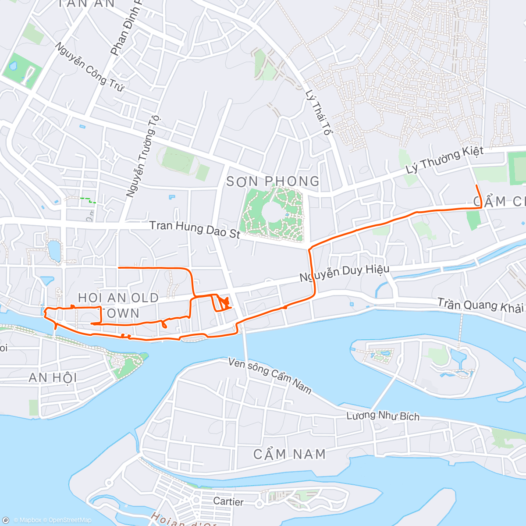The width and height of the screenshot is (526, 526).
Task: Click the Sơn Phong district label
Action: [273, 181]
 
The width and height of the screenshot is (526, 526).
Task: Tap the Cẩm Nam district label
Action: [289, 454]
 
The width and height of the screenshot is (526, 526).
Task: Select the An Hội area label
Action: [53, 377]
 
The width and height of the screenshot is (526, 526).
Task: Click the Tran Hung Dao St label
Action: [195, 229]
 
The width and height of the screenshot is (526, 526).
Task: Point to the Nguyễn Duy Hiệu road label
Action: [344, 273]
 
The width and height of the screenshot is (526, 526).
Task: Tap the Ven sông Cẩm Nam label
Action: [270, 375]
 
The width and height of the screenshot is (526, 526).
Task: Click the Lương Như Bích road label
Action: [383, 416]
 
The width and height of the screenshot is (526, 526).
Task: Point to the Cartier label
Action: [228, 501]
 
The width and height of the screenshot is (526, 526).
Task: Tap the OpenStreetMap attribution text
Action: [70, 520]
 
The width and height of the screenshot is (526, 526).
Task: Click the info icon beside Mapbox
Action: [6, 520]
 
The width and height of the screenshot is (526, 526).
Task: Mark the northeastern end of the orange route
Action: [476, 186]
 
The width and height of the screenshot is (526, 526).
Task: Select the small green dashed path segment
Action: [88, 200]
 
